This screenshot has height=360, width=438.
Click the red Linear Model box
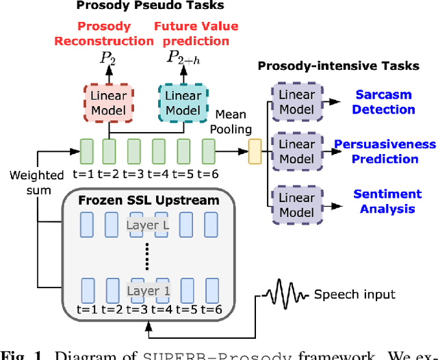pyautogui.click(x=109, y=103)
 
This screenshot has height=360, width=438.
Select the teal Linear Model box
pyautogui.click(x=183, y=103)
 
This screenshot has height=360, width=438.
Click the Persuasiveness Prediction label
pyautogui.click(x=384, y=151)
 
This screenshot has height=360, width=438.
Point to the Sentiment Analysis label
pyautogui.click(x=387, y=201)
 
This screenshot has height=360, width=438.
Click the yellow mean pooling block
pyautogui.click(x=255, y=151)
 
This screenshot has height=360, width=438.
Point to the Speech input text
pyautogui.click(x=355, y=294)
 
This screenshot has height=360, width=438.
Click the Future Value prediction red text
pyautogui.click(x=196, y=34)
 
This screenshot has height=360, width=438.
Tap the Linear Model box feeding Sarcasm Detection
pyautogui.click(x=296, y=102)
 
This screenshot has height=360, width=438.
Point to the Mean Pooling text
pyautogui.click(x=233, y=121)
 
